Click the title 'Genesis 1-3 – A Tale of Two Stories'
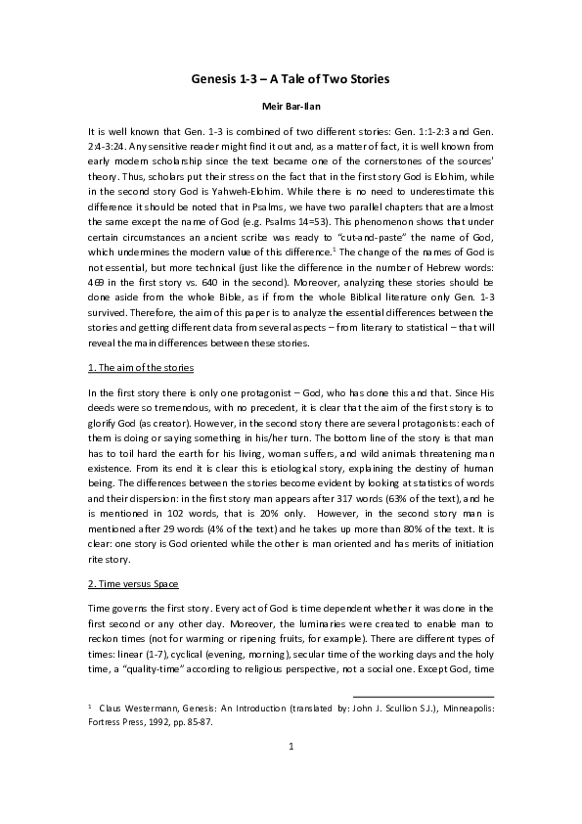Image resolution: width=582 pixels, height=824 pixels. [x=291, y=78]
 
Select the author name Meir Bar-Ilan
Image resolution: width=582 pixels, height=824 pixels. [x=291, y=107]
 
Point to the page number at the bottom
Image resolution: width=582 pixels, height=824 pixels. [x=291, y=773]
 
